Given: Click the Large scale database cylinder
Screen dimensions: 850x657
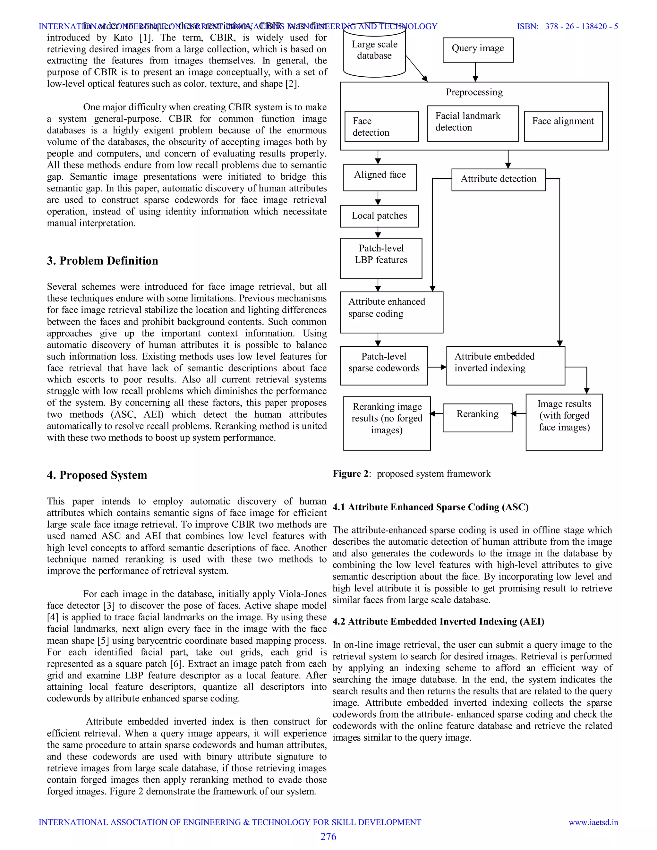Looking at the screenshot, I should pyautogui.click(x=374, y=50).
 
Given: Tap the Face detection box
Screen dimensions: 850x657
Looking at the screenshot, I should pyautogui.click(x=381, y=126).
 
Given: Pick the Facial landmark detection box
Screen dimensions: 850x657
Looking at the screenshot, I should pyautogui.click(x=473, y=123).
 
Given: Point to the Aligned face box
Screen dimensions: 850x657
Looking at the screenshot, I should pyautogui.click(x=380, y=177).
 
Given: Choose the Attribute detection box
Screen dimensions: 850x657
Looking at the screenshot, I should pyautogui.click(x=498, y=179).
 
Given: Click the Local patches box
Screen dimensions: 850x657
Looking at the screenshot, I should pyautogui.click(x=379, y=216).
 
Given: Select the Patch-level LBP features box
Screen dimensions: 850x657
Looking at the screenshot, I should pyautogui.click(x=381, y=258).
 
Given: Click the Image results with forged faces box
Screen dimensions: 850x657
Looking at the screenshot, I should pyautogui.click(x=564, y=421).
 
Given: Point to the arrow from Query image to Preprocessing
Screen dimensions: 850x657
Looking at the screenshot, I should pyautogui.click(x=475, y=72).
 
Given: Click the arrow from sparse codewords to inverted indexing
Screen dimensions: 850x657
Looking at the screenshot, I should pyautogui.click(x=437, y=367).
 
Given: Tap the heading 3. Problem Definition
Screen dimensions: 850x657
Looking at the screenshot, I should pyautogui.click(x=102, y=261).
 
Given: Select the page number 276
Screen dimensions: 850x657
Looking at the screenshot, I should pyautogui.click(x=328, y=837).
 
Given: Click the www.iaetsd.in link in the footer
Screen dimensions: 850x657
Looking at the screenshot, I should pyautogui.click(x=593, y=822).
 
